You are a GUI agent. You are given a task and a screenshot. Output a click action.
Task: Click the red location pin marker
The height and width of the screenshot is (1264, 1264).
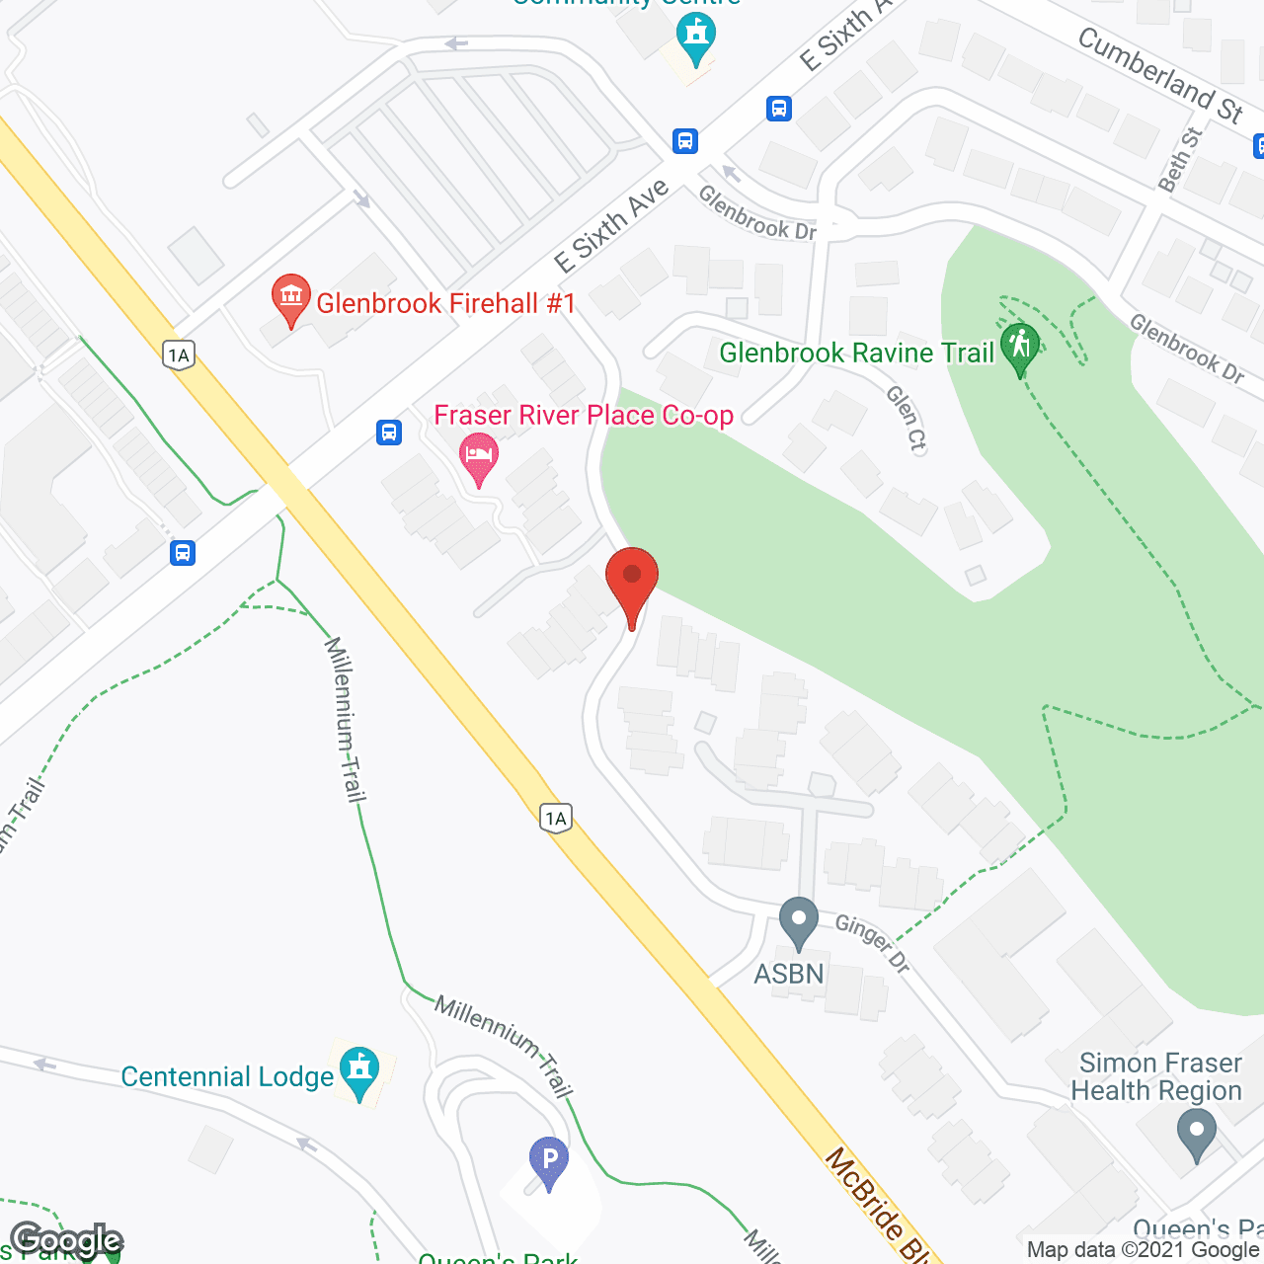coord(632,578)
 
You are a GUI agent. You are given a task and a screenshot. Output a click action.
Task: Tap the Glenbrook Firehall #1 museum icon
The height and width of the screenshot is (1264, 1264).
coord(290,296)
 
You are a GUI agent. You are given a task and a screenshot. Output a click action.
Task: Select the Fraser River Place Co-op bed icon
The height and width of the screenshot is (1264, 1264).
coord(479,455)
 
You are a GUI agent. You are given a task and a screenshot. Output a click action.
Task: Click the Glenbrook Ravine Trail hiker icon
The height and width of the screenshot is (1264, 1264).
coord(1020,347)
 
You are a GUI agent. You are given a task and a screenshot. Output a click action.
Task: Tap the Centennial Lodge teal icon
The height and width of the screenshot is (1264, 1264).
coord(358,1069)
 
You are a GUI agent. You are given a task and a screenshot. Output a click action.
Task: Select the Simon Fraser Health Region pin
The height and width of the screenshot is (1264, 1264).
coord(1197,1131)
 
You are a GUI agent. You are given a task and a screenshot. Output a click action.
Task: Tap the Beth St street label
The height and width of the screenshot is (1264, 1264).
coord(1179,159)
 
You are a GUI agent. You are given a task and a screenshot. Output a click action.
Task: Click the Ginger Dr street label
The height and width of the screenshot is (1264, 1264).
coord(873,943)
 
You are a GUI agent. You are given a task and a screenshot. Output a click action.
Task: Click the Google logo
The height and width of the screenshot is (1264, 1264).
coord(66,1240)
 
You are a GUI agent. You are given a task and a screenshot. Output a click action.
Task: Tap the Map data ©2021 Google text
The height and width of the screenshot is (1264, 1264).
coord(1144,1249)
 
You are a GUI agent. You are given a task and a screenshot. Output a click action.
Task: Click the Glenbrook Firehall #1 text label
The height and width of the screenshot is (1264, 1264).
coord(445,303)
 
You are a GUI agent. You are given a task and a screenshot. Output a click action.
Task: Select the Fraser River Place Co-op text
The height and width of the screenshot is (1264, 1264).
coord(584,415)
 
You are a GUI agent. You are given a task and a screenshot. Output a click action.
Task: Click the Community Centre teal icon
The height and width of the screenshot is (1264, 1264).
coord(696,38)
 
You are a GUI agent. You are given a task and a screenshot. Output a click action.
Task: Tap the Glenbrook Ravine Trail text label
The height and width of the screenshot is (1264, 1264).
coord(856,353)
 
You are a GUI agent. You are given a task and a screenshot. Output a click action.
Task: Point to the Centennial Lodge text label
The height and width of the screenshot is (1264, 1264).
coord(227,1076)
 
